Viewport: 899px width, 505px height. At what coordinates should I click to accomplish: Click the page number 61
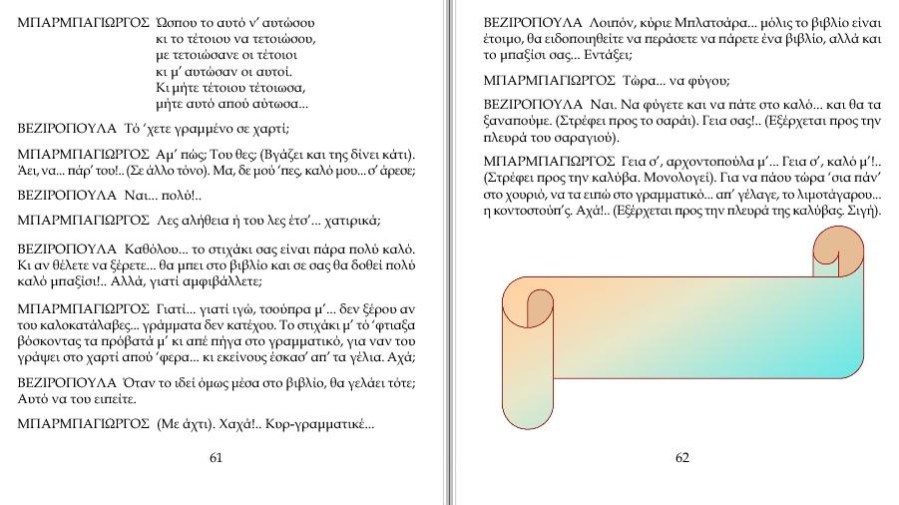click(216, 458)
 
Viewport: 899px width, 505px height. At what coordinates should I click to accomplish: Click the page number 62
click(682, 458)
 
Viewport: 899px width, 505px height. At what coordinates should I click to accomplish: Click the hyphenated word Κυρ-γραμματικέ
click(320, 424)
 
